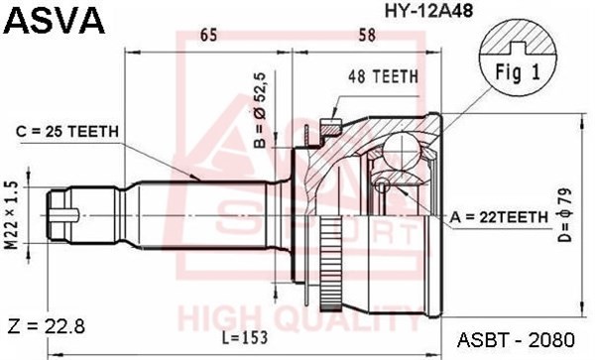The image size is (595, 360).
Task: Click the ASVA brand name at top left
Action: pos(45,17)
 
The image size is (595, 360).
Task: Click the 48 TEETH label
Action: pos(383,74)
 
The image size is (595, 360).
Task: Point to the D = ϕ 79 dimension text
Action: pos(564,215)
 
